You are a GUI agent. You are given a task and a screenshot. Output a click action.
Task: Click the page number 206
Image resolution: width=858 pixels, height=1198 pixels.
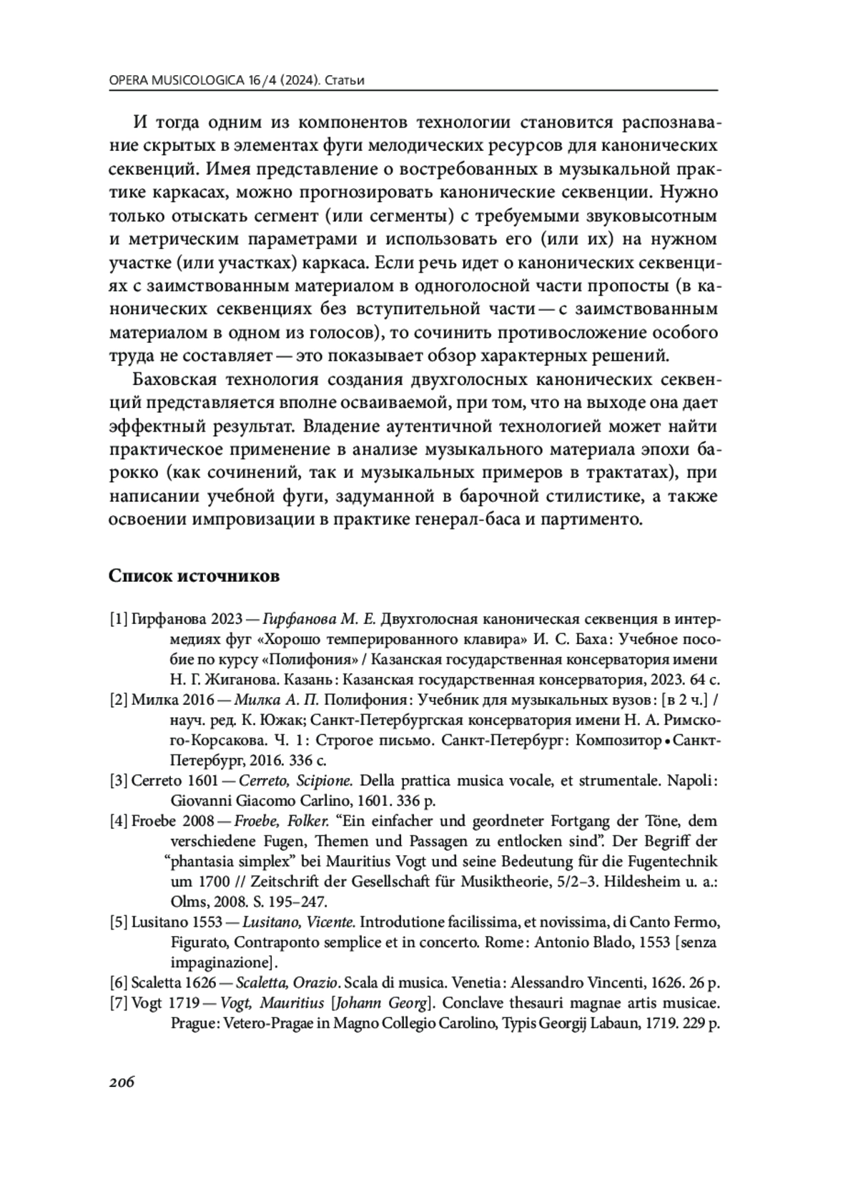pos(122,1081)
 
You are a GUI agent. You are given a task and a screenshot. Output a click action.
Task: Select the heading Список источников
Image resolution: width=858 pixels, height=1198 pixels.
pos(194,575)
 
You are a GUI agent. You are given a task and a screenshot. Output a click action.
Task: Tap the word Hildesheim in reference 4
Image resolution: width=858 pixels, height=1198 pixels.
pos(638,881)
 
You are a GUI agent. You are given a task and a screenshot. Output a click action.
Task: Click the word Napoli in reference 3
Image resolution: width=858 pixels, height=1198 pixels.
pos(691,780)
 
